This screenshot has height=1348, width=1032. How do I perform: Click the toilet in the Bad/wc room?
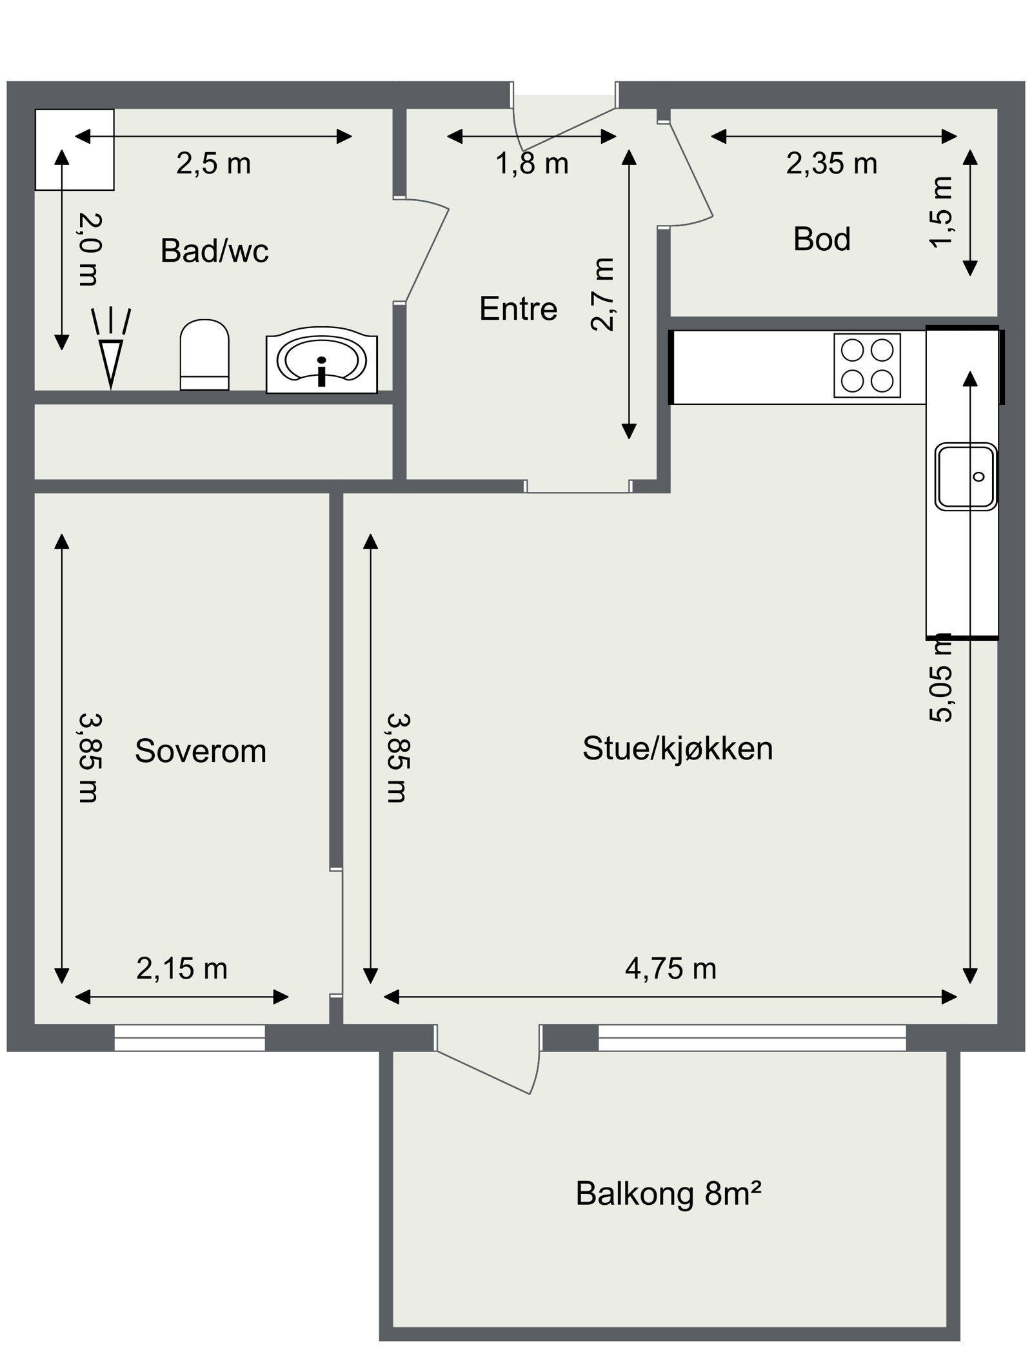204,355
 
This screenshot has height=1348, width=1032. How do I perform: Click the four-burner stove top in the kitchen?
866,366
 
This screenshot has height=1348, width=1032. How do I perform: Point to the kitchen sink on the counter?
966,476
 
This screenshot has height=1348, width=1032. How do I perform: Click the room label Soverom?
200,751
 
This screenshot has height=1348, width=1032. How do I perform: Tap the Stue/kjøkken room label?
677,748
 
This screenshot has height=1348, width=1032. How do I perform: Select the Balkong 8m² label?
668,1193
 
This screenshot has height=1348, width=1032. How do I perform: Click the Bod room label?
821,239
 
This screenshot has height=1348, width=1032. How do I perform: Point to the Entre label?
518,309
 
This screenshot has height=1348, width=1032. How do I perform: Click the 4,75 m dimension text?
670,969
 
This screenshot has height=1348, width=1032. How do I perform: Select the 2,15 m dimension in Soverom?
181,969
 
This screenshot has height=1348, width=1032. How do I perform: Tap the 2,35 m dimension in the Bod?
831,164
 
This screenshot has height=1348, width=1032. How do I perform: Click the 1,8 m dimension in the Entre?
531,164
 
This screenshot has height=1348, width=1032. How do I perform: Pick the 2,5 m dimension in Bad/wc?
213,164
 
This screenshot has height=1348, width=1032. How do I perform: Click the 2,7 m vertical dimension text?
603,294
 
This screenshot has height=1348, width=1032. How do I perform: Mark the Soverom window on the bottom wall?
190,1037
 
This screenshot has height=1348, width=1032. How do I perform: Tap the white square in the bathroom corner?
74,150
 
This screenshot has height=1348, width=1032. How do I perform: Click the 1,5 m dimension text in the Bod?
941,211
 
